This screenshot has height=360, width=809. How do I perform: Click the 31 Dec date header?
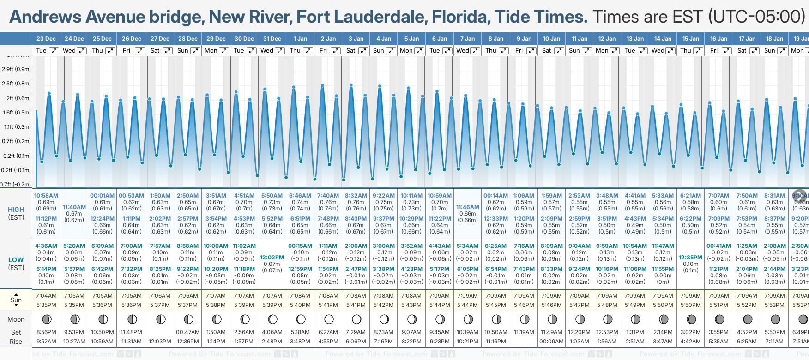[x=272, y=39]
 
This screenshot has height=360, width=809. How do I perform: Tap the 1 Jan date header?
[x=300, y=39]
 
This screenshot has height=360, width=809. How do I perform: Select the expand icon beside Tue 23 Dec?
[x=54, y=51]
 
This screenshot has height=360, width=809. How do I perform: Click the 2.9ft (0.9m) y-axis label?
[x=17, y=69]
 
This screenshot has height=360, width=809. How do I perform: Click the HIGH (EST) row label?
[x=16, y=213]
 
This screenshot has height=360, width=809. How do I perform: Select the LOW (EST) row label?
[x=16, y=264]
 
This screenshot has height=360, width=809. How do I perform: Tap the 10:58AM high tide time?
[x=46, y=196]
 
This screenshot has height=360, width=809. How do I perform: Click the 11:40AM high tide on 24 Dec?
[x=74, y=207]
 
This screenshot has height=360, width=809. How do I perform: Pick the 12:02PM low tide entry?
[x=272, y=258]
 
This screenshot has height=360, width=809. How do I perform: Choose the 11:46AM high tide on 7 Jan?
[x=467, y=207]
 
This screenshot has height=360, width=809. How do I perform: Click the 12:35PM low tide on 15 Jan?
[x=691, y=258]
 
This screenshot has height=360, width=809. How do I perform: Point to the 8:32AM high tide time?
[x=356, y=196]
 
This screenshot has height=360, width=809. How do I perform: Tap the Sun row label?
[x=16, y=300]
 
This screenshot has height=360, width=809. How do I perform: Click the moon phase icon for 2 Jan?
[x=329, y=319]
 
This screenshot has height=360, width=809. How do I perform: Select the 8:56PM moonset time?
[x=46, y=332]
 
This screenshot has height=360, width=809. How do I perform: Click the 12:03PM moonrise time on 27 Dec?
[x=160, y=342]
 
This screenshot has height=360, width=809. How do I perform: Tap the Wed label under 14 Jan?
[x=658, y=51]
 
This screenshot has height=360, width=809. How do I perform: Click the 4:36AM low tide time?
[x=46, y=246]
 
